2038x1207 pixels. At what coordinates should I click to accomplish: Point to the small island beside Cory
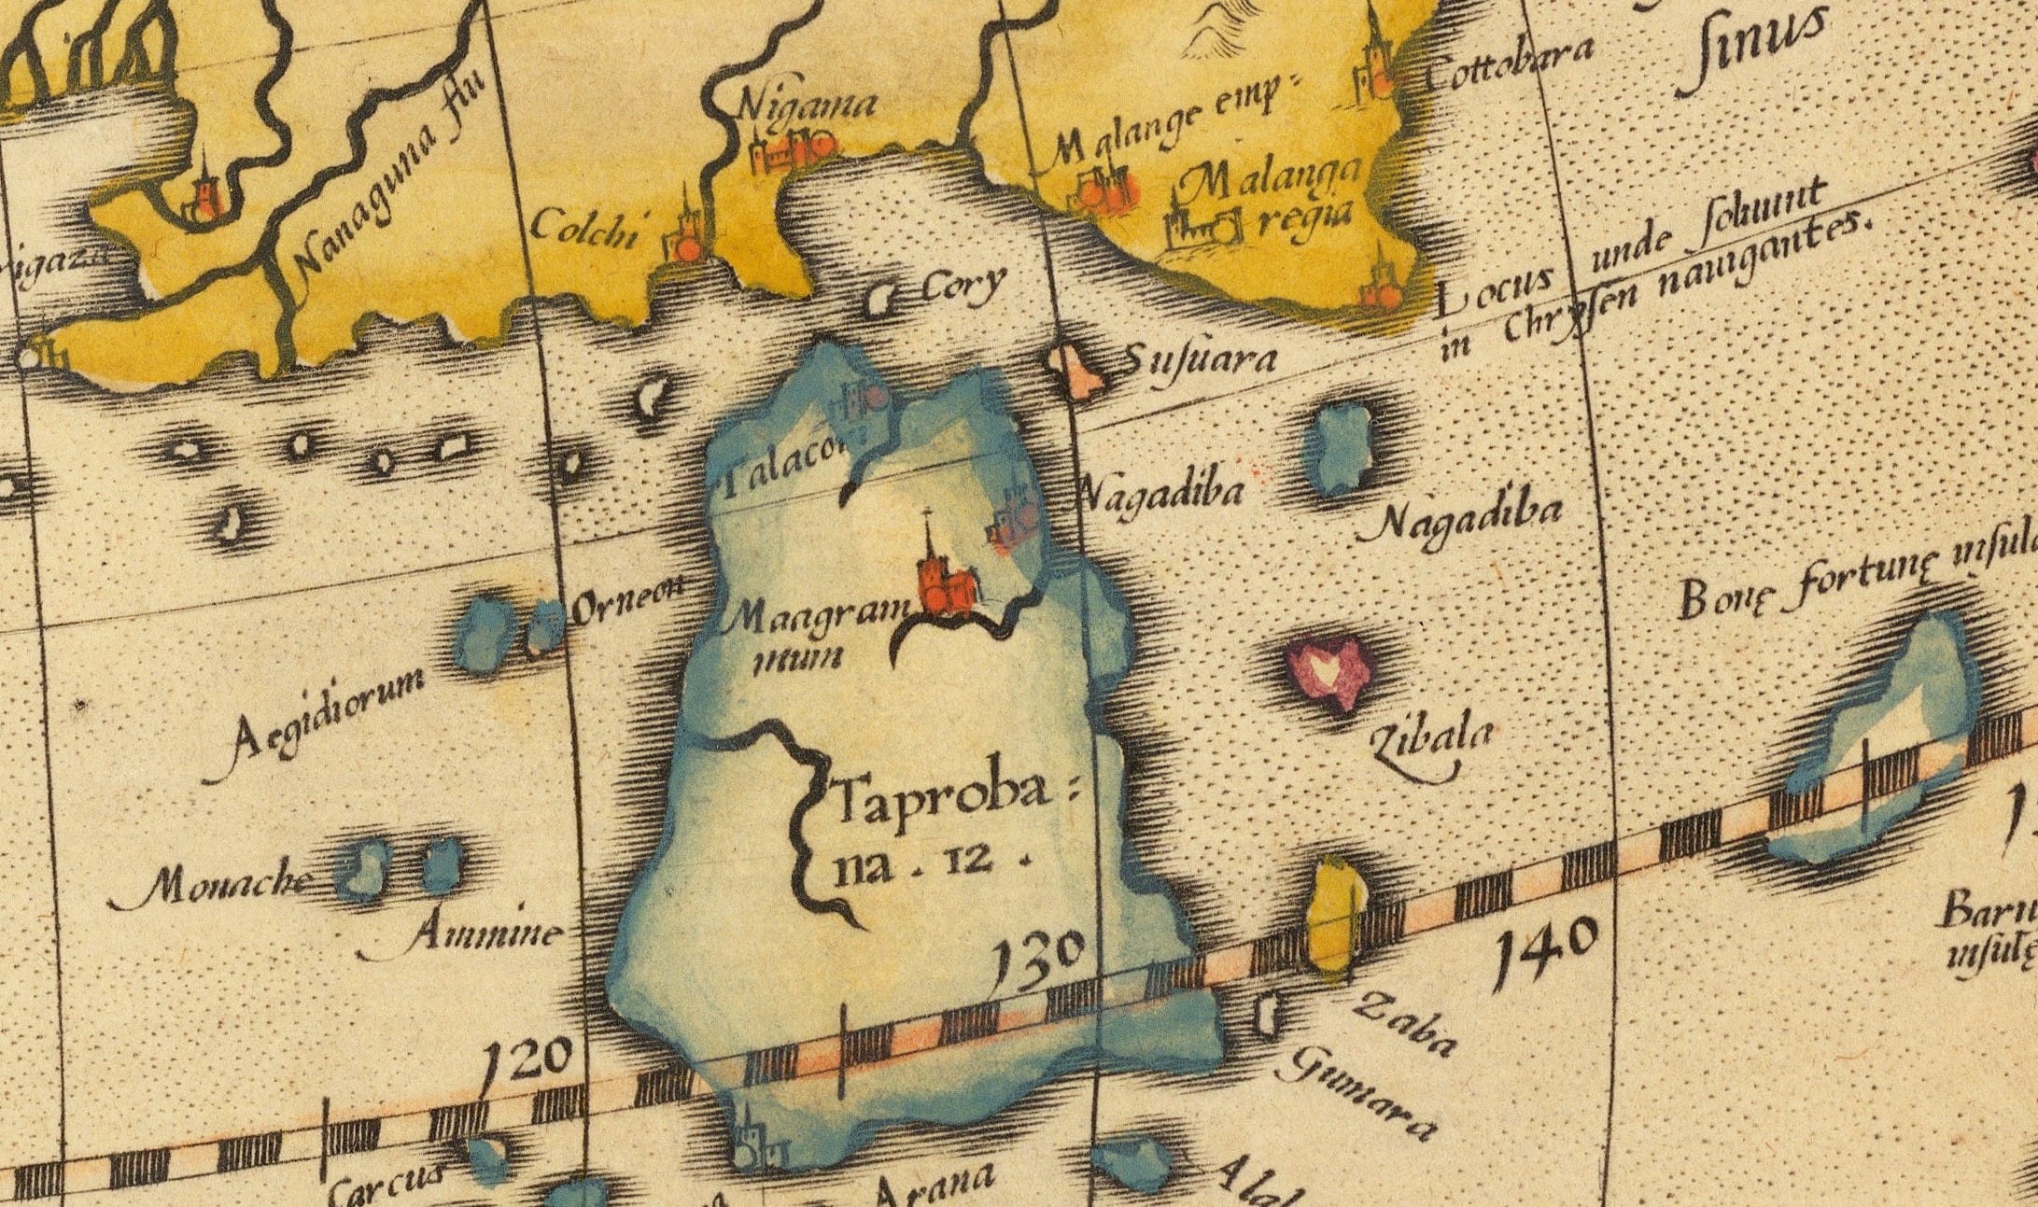coord(879,299)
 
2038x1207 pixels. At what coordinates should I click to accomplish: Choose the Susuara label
coord(1199,360)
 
